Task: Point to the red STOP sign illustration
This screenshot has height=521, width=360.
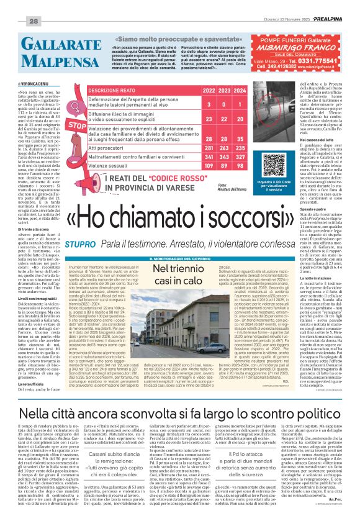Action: (76, 125)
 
